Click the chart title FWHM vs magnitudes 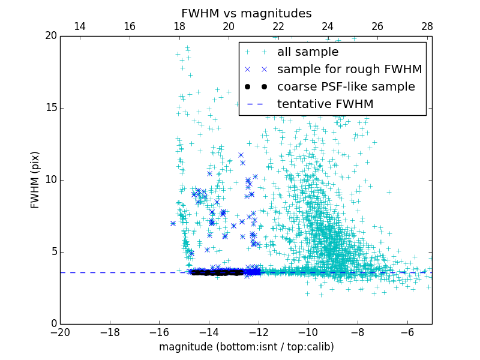[246, 13]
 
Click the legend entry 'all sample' [307, 52]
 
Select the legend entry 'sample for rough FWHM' [349, 70]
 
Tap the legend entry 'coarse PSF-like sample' [346, 87]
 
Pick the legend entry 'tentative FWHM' [325, 104]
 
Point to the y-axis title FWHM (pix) [35, 180]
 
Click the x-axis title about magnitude [246, 347]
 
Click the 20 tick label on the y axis [50, 36]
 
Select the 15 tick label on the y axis [50, 108]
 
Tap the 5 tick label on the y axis [53, 252]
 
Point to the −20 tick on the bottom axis [60, 332]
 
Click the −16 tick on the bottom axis [159, 332]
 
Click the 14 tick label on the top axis [79, 26]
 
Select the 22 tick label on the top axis [278, 26]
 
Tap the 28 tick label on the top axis [427, 26]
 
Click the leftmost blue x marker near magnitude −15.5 [173, 223]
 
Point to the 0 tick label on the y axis [53, 324]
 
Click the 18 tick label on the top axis [179, 26]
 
